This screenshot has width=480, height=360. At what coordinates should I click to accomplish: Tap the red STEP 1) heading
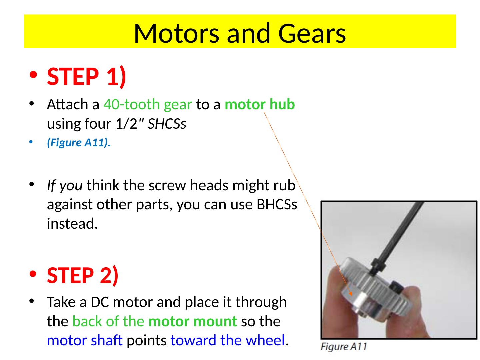tap(87, 77)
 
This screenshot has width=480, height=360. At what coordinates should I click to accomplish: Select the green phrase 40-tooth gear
tap(148, 104)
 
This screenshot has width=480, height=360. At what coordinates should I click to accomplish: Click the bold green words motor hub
tap(260, 104)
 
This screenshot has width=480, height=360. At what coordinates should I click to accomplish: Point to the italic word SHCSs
tap(167, 124)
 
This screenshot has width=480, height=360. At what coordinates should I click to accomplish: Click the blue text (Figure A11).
tap(79, 143)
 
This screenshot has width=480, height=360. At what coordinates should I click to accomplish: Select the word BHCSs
tap(277, 204)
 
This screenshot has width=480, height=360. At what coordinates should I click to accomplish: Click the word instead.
tap(72, 224)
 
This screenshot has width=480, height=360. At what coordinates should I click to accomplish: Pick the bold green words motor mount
tap(193, 321)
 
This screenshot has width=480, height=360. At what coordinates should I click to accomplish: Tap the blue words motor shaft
tap(85, 340)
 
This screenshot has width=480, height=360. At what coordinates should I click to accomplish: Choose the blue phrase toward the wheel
tap(228, 340)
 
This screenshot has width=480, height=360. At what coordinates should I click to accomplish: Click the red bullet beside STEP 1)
tap(33, 75)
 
